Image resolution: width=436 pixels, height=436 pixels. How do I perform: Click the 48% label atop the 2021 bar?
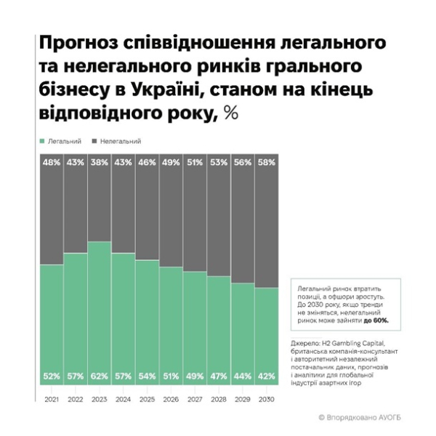[x=52, y=163]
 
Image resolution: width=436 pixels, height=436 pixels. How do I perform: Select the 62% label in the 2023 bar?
[x=100, y=377]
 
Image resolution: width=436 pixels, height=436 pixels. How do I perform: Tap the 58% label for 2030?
[x=266, y=163]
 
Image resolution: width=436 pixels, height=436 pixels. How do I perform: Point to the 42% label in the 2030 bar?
[x=266, y=377]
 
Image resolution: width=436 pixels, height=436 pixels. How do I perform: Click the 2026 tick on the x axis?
[x=171, y=400]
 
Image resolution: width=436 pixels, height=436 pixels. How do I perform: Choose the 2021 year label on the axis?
[x=52, y=400]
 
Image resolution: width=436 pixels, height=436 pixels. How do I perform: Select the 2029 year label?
[x=242, y=400]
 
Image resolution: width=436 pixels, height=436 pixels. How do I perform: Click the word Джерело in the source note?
[x=303, y=344]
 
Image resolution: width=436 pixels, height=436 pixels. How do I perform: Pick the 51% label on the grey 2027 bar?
[x=195, y=163]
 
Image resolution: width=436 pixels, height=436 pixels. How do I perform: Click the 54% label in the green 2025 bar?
[x=147, y=377]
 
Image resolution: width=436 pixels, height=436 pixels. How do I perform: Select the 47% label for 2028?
[x=219, y=377]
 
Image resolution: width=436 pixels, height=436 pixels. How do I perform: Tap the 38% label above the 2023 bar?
[x=100, y=163]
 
